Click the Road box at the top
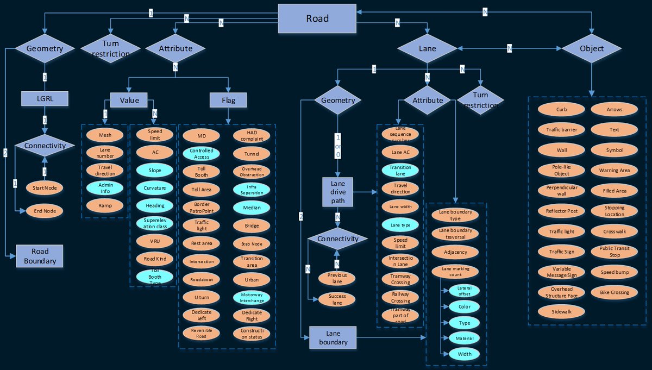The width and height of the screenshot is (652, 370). (317, 18)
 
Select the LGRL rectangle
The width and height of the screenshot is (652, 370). (45, 98)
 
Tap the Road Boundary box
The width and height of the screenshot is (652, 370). (40, 256)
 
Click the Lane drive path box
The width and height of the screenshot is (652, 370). (337, 192)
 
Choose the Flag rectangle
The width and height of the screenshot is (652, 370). (228, 99)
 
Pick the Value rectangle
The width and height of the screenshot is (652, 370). (129, 99)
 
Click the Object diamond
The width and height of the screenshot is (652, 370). (592, 48)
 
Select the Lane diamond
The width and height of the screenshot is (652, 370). (427, 48)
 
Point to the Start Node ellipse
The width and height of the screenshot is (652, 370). (45, 188)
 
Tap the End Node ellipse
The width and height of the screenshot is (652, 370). (45, 211)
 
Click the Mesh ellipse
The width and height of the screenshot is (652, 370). (105, 135)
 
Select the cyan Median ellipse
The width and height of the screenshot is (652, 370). (252, 207)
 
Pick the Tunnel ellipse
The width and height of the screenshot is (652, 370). (252, 154)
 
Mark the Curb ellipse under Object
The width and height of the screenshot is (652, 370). (561, 109)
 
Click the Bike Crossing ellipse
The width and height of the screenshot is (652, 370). (614, 292)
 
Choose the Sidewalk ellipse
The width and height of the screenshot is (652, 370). (561, 311)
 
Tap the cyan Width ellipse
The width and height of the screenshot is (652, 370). (464, 354)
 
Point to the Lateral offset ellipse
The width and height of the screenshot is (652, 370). (464, 291)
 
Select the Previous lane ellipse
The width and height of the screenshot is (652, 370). (337, 278)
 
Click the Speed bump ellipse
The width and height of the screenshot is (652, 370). (614, 272)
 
